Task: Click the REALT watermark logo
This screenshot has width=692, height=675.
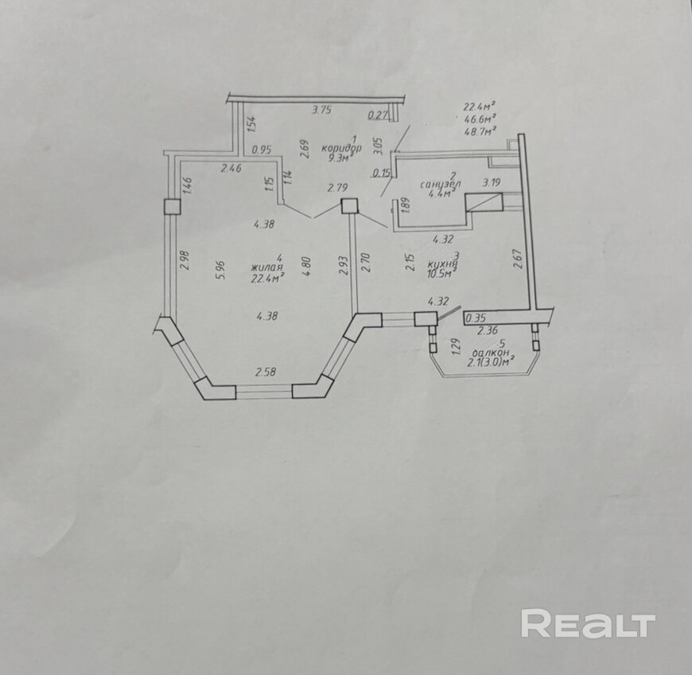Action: pos(588,623)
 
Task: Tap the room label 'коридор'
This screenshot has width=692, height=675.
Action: pos(342,148)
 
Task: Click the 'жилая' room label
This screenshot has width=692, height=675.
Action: pos(267,267)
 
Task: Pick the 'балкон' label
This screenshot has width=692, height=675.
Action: pos(490,353)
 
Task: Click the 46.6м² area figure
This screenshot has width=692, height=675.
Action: pos(480,119)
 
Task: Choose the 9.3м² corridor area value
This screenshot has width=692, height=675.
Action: pos(339,158)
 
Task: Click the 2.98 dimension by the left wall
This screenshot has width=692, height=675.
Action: pos(185,261)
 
